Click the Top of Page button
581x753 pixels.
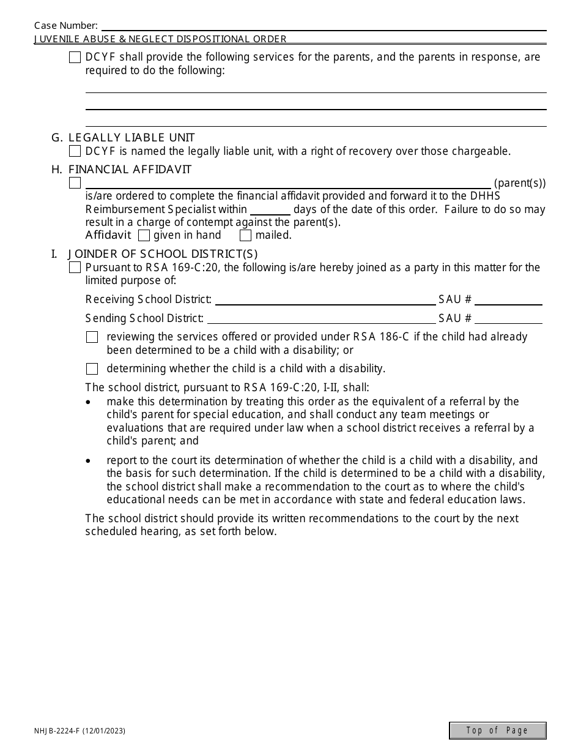497,730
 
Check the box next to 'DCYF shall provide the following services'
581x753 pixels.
75,58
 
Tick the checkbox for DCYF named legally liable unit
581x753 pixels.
75,151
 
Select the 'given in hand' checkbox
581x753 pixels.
144,235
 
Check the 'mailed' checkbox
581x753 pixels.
245,235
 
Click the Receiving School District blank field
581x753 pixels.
325,299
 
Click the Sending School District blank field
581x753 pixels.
320,318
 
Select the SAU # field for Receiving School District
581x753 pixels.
508,299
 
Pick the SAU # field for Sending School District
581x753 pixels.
508,318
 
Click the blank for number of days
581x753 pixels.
270,209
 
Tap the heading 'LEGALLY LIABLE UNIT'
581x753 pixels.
131,138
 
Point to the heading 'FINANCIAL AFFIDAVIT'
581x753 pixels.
130,170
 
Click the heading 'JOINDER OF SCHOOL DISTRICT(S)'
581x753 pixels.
163,253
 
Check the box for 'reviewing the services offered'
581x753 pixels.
92,337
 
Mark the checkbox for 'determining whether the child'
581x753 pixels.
92,369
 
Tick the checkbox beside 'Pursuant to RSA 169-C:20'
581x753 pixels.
75,268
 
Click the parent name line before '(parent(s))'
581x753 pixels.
287,183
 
